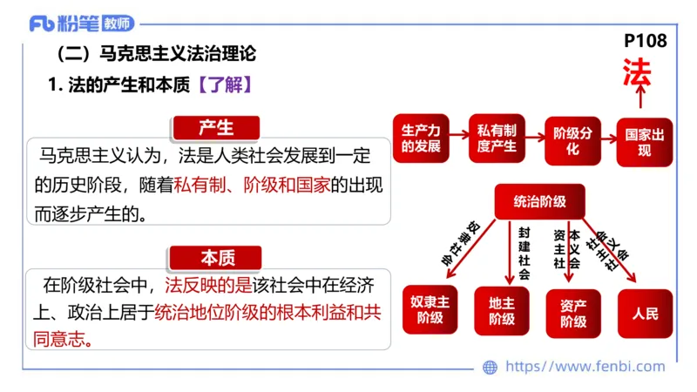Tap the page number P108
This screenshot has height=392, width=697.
coord(646,42)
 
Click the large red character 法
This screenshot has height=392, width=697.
coord(636,74)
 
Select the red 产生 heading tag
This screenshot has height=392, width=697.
coord(216,128)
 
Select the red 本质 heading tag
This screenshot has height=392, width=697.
coord(217,258)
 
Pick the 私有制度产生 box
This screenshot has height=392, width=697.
coord(497,139)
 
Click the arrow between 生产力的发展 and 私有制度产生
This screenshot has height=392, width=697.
coord(458,139)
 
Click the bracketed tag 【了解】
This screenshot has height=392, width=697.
coord(225,85)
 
